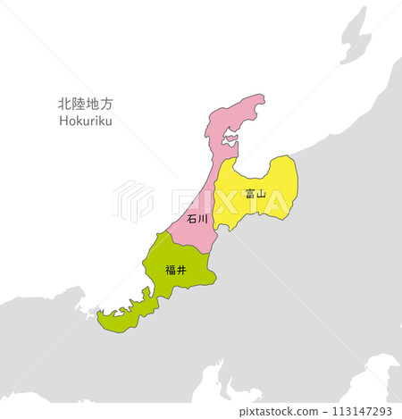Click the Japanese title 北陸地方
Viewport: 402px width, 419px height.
tap(87, 105)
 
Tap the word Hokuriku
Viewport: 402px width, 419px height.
tap(87, 121)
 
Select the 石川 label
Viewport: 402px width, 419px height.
tap(197, 217)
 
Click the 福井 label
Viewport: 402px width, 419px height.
tap(176, 269)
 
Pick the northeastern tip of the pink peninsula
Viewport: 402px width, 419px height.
tap(261, 98)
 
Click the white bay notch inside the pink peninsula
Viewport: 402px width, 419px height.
tap(229, 140)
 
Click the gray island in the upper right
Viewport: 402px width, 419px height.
tap(355, 36)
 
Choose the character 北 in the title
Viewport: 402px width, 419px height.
tap(63, 105)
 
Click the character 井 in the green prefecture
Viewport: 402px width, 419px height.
tap(182, 269)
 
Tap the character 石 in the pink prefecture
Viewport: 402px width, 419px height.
tap(192, 217)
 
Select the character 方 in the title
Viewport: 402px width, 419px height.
tap(109, 105)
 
